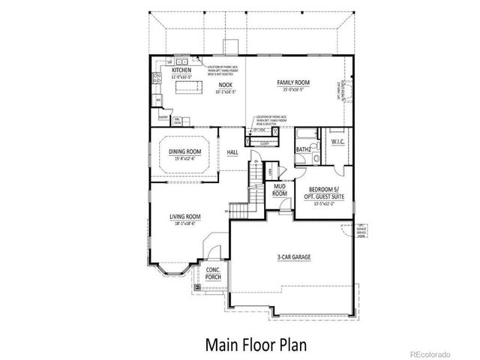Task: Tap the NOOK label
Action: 226,87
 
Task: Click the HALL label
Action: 232,154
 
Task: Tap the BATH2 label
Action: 303,148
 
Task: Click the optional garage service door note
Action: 363,229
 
